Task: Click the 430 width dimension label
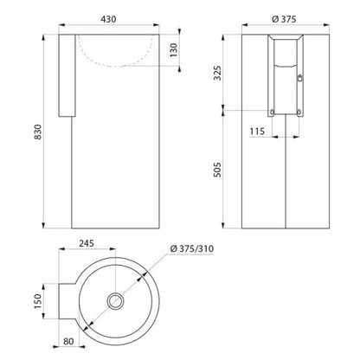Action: point(108,19)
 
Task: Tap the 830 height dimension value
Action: point(38,132)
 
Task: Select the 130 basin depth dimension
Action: point(174,50)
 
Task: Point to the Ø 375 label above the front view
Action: point(284,19)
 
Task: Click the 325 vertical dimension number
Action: point(218,73)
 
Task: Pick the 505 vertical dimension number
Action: point(218,170)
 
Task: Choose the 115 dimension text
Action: point(257,132)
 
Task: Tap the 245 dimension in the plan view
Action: point(87,243)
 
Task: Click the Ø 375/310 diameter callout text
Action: point(192,248)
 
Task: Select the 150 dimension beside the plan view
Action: point(38,301)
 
